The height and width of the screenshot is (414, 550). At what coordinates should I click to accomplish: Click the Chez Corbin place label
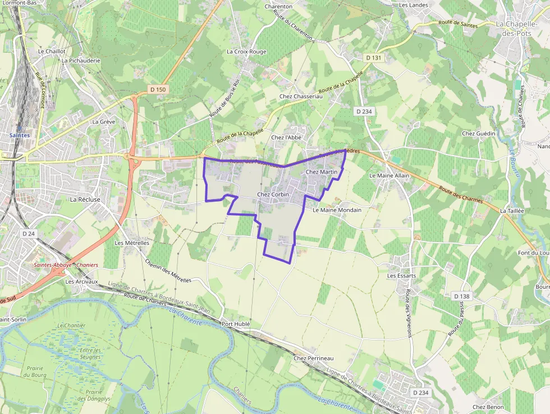coord(273,194)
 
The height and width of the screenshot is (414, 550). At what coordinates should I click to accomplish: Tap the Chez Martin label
coord(322,172)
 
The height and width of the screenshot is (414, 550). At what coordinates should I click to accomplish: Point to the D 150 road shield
coord(158,89)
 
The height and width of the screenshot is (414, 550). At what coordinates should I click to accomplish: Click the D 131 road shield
coord(373,57)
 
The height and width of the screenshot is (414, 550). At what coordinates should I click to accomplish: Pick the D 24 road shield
coord(28,233)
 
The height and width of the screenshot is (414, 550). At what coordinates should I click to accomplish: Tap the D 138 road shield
coord(461,296)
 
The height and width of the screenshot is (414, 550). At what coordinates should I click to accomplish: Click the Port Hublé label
coord(235,324)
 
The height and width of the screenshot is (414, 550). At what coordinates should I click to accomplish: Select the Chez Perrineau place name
coord(313,358)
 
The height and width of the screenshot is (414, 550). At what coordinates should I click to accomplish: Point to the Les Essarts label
coord(402,276)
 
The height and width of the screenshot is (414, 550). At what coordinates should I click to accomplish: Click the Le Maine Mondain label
coord(337,210)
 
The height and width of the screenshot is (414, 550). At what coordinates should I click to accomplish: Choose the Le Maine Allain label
coord(389,175)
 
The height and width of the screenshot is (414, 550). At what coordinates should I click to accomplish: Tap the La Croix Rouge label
coord(246,51)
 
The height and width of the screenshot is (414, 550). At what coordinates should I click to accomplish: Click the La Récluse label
coord(85,199)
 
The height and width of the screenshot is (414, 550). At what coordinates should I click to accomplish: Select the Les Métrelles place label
coord(132,243)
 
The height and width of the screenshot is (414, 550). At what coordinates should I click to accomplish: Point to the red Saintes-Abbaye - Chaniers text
coord(66,265)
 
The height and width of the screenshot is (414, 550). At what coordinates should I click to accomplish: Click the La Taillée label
coord(512,211)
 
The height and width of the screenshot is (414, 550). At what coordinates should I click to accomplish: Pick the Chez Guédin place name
coord(479,133)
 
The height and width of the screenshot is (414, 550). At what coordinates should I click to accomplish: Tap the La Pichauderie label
coord(81,60)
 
